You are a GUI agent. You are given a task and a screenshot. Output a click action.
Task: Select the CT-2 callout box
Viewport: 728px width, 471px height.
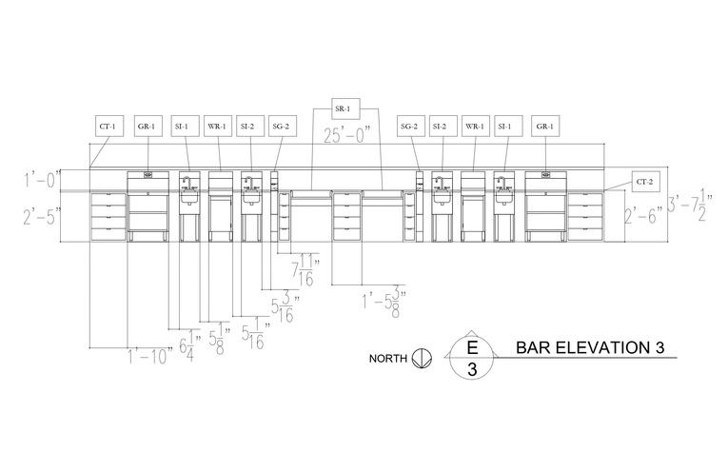click(644, 181)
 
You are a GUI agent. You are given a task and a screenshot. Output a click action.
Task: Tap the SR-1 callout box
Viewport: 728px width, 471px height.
click(344, 106)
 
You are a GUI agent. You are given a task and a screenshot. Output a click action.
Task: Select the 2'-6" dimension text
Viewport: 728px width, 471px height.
click(642, 216)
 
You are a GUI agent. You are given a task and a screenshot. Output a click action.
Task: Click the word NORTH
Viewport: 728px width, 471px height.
click(389, 359)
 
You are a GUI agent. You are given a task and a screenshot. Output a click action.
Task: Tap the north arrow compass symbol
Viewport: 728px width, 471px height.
click(422, 359)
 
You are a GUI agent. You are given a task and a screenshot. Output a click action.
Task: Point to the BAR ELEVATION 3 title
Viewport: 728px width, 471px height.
click(589, 347)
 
